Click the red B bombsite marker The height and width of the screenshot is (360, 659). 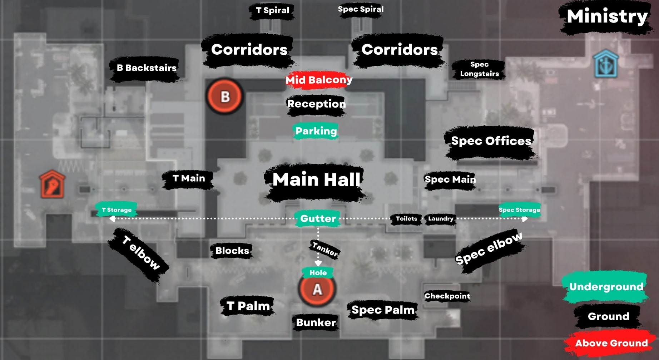pyautogui.click(x=225, y=97)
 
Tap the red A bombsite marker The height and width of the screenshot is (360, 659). pyautogui.click(x=317, y=289)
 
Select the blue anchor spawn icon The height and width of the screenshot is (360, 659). pyautogui.click(x=606, y=64)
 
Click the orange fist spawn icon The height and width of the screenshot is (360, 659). pyautogui.click(x=52, y=184)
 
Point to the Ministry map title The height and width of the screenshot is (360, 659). pyautogui.click(x=607, y=16)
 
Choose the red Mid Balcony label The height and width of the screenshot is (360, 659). pyautogui.click(x=319, y=80)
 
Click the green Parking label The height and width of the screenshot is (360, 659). pyautogui.click(x=316, y=131)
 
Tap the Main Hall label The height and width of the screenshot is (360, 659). pyautogui.click(x=316, y=179)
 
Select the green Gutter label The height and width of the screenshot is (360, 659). pyautogui.click(x=318, y=218)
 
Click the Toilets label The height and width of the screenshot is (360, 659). pyautogui.click(x=406, y=218)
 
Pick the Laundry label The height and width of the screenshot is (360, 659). pyautogui.click(x=441, y=218)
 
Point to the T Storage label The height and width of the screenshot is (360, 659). pyautogui.click(x=117, y=210)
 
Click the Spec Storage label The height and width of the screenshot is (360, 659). pyautogui.click(x=519, y=210)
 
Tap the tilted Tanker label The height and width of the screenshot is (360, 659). pyautogui.click(x=324, y=249)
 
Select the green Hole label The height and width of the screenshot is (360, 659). pyautogui.click(x=318, y=273)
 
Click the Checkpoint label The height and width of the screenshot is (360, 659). pyautogui.click(x=447, y=296)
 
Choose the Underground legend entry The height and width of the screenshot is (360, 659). pyautogui.click(x=606, y=287)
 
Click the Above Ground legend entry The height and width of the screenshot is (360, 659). pyautogui.click(x=611, y=343)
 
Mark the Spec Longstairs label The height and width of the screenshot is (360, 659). pyautogui.click(x=479, y=69)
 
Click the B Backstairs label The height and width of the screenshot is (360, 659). pyautogui.click(x=147, y=68)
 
